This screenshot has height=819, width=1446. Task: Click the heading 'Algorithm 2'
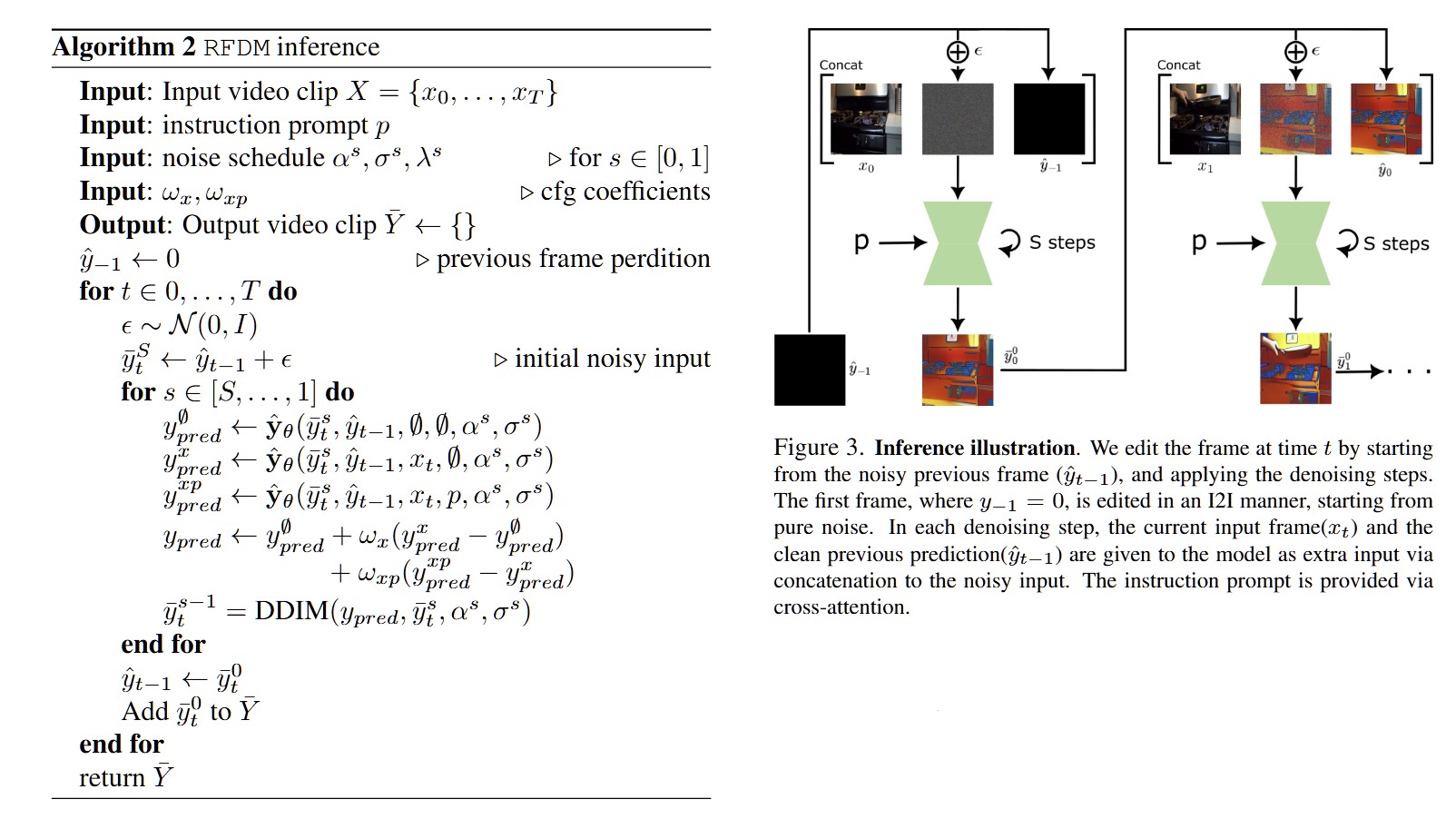pos(123,47)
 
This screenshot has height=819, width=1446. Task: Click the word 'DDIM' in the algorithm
pos(291,610)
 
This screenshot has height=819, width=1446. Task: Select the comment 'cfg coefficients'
pos(625,192)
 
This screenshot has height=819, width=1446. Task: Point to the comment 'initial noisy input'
pos(612,359)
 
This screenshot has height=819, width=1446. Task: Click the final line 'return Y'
pos(125,777)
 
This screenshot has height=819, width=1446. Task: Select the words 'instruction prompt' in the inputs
pos(265,124)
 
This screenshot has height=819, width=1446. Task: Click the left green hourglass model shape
pos(957,243)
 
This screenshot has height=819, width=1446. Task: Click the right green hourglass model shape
pos(1295,243)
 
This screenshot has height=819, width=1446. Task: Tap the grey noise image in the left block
pos(957,119)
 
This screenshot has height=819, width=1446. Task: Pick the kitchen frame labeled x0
pos(866,119)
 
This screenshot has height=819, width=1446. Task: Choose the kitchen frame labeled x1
pos(1205,119)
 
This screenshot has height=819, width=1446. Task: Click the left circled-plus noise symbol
pos(957,52)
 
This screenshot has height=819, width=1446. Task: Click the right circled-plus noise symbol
pos(1295,52)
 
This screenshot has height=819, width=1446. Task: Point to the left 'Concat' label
pos(841,65)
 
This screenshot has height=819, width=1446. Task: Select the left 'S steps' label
pos(1061,242)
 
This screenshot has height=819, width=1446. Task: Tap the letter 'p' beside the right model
pos(1199,242)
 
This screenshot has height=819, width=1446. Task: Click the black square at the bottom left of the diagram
pos(809,370)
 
